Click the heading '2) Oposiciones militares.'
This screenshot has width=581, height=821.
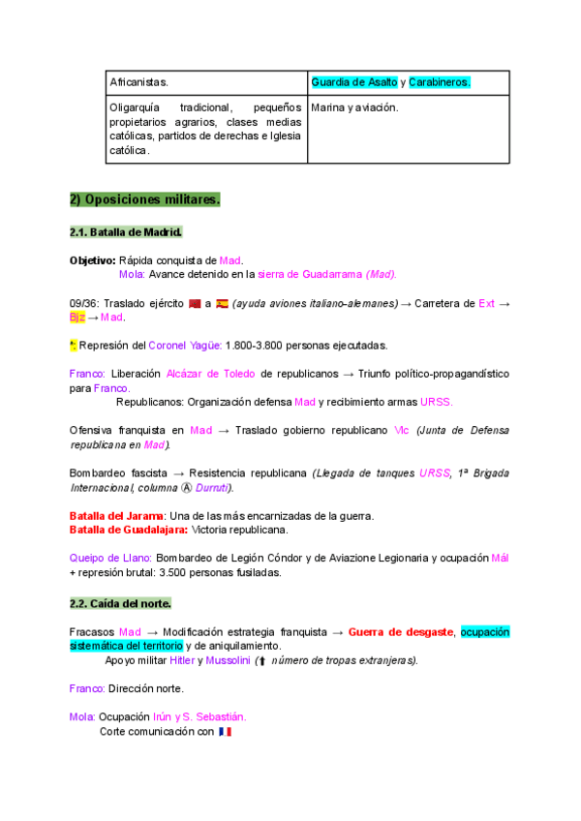point(145,200)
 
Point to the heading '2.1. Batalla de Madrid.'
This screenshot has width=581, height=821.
point(126,233)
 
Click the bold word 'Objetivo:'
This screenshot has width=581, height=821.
point(93,260)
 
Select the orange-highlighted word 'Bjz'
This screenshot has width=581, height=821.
point(77,317)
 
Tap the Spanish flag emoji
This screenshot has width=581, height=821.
point(222,303)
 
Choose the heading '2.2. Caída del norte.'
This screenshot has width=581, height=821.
point(120,604)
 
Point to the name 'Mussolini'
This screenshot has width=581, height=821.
point(227,660)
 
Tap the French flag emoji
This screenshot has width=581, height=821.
point(226,732)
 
